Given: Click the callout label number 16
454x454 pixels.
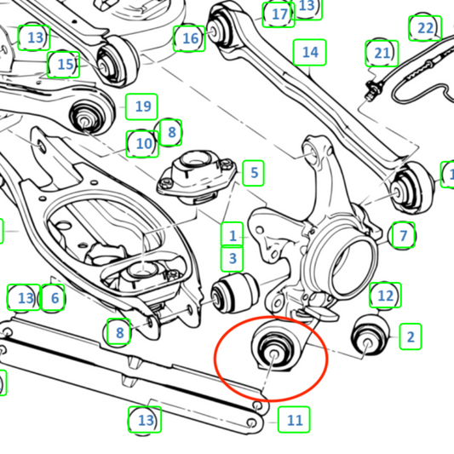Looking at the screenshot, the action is click(189, 38).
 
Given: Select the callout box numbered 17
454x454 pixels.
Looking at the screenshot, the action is click(279, 14).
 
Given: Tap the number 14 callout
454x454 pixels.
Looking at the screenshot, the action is click(310, 52).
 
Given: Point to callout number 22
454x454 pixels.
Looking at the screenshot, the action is click(425, 28).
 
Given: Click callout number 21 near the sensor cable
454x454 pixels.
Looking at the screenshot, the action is click(382, 54).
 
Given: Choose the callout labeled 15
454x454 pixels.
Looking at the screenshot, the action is click(63, 65).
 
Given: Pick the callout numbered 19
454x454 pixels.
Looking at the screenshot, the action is click(141, 106).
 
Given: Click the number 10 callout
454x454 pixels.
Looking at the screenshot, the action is click(142, 144).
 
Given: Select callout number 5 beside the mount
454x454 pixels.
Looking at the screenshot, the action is click(253, 173).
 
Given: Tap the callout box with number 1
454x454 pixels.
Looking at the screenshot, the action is click(232, 235).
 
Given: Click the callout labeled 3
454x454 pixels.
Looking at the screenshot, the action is click(232, 259).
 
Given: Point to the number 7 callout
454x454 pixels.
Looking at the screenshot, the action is click(403, 235).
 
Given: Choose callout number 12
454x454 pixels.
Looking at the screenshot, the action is click(385, 295).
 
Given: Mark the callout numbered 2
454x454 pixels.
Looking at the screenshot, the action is click(411, 336).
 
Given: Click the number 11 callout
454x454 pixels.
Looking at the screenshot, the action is click(294, 420).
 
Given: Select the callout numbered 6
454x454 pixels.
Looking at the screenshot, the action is click(53, 297).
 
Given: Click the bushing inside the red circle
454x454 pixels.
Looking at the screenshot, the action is click(273, 348).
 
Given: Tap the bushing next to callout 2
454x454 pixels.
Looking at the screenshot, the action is click(371, 336).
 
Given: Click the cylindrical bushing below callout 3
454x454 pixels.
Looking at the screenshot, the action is click(235, 293).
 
